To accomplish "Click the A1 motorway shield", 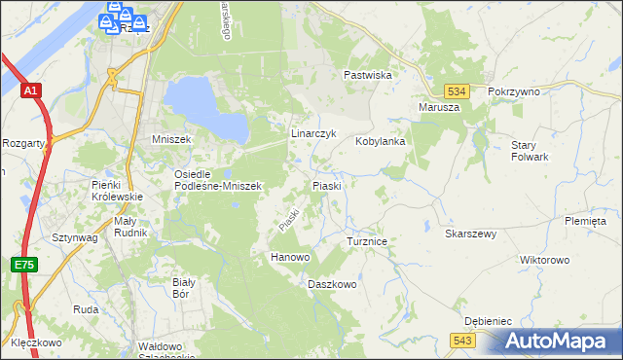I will [x=32, y=90].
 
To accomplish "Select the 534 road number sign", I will [x=461, y=90].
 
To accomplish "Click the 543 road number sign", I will [x=462, y=339].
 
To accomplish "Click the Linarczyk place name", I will [x=313, y=132].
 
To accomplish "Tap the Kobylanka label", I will [x=380, y=141].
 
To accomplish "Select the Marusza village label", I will [x=438, y=107].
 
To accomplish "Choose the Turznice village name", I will [x=368, y=239].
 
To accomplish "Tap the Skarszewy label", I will [x=471, y=234].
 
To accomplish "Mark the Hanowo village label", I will [x=289, y=257].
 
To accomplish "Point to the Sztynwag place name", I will [x=74, y=236].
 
